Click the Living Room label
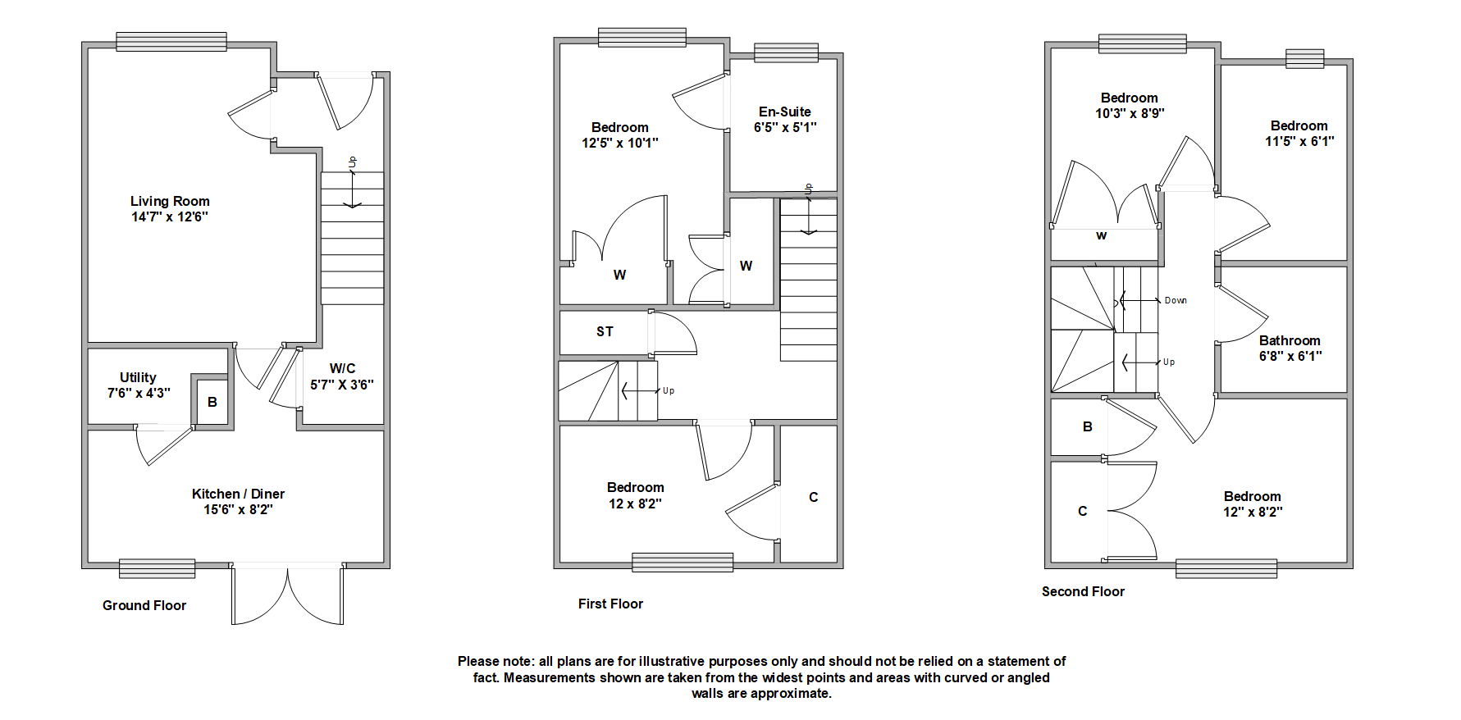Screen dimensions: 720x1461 (x=170, y=201)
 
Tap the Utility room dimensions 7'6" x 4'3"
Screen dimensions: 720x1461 (x=139, y=393)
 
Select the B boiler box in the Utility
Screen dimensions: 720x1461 (x=212, y=402)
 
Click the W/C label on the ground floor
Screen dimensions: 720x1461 (x=342, y=368)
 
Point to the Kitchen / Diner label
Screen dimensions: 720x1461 (x=238, y=494)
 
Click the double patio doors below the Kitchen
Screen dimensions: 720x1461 (x=287, y=595)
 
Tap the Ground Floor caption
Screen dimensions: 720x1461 (x=144, y=605)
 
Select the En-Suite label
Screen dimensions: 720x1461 (x=784, y=112)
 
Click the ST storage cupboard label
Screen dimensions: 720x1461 (x=605, y=331)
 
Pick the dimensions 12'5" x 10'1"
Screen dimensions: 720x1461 (x=620, y=143)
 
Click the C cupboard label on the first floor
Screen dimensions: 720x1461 (x=813, y=497)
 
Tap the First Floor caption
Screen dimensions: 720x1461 (x=610, y=604)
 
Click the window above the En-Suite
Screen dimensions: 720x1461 (x=786, y=52)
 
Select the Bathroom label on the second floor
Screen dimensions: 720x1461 (x=1290, y=340)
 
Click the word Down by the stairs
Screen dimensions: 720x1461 (x=1176, y=300)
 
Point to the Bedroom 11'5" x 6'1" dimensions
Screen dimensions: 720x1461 (x=1299, y=141)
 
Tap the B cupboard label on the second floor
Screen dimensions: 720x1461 (x=1088, y=426)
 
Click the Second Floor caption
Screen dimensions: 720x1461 (x=1083, y=591)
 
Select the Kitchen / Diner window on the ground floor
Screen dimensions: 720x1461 (x=157, y=568)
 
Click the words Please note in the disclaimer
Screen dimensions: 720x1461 (x=495, y=661)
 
